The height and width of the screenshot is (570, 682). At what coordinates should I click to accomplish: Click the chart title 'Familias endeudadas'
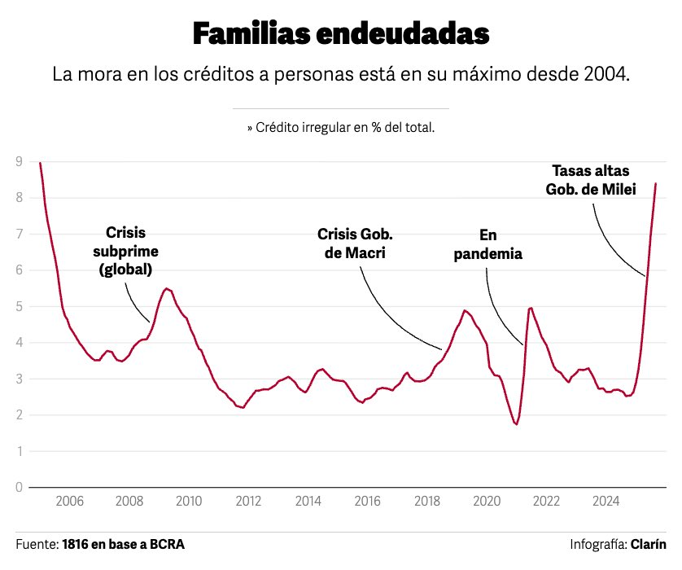(341, 34)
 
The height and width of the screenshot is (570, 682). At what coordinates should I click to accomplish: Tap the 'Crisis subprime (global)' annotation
(126, 251)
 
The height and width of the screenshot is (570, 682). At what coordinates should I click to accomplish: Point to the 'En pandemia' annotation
(487, 243)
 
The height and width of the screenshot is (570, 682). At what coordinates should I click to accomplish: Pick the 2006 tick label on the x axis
(69, 501)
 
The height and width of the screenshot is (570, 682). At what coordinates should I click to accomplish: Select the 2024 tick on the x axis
(605, 501)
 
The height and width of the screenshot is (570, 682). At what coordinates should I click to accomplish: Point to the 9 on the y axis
(19, 162)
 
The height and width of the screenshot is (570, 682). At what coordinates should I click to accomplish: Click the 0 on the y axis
(19, 488)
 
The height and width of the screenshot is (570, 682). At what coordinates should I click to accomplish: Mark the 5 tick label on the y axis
(19, 307)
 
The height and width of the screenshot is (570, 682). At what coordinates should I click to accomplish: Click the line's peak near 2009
(166, 288)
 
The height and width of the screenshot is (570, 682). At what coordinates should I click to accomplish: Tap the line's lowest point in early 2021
(516, 424)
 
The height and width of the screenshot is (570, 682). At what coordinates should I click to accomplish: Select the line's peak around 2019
(465, 310)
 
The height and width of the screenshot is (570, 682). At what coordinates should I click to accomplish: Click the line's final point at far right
(656, 184)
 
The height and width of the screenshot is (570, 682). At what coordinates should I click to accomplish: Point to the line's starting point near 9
(40, 163)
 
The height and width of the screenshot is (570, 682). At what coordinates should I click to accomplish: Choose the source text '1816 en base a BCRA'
(123, 544)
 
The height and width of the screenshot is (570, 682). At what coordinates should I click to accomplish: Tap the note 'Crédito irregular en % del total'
(341, 128)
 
